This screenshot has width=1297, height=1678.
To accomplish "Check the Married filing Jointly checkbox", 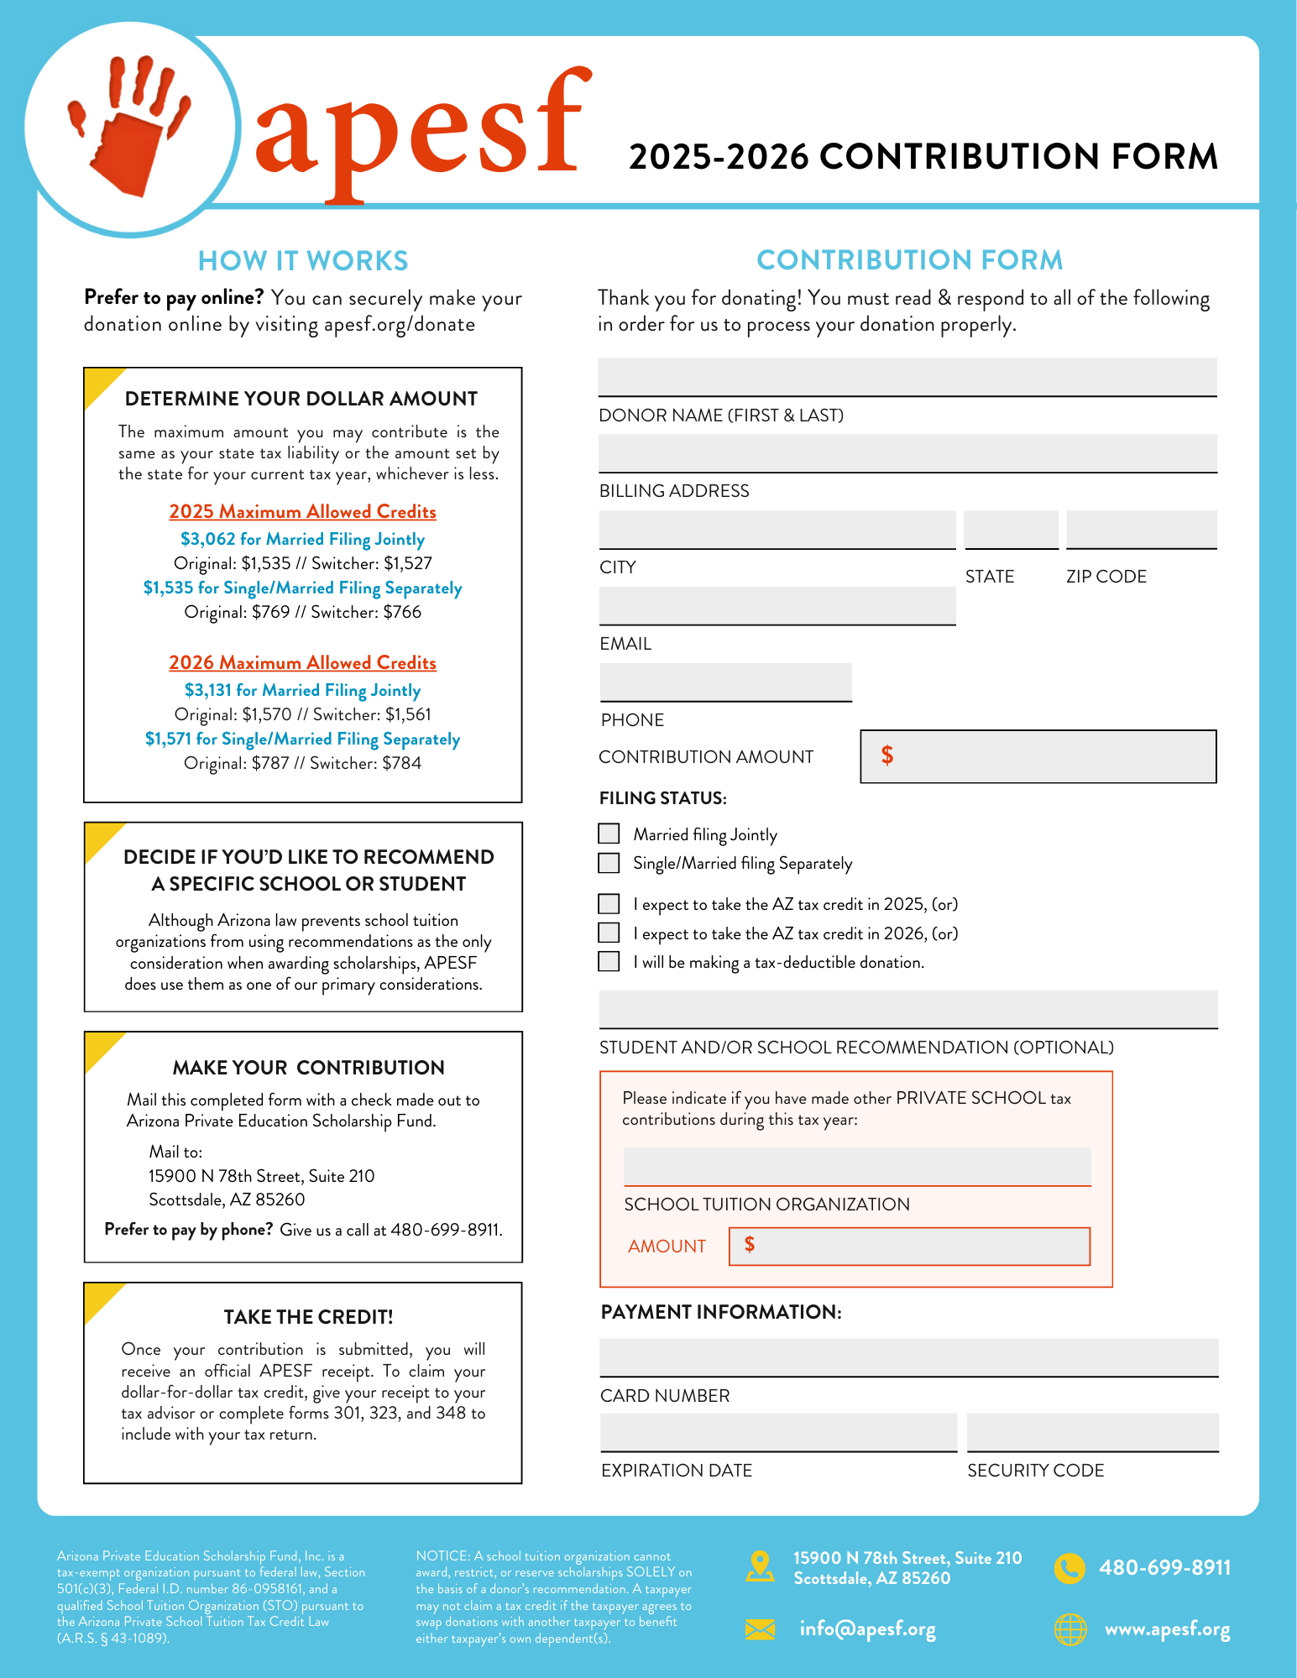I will [x=609, y=834].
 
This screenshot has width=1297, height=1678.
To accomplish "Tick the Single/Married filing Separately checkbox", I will [x=609, y=863].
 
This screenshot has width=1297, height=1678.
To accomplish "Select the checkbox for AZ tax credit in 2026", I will [x=609, y=933].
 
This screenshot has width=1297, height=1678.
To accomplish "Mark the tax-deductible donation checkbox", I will [x=609, y=961].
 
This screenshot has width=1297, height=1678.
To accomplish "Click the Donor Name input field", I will [x=907, y=377].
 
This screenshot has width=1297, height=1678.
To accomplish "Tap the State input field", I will [x=1011, y=530].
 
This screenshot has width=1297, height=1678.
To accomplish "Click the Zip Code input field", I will [x=1141, y=530].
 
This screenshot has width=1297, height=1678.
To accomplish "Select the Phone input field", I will [x=725, y=682].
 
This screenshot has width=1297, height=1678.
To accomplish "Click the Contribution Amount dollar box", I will [x=1038, y=756].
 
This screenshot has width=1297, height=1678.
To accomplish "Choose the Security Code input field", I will [x=1092, y=1432].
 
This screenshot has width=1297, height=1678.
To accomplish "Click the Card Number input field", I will [x=908, y=1357].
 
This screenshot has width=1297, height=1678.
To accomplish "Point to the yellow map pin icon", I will [x=760, y=1566].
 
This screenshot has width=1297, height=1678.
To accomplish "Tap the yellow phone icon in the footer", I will [x=1070, y=1568].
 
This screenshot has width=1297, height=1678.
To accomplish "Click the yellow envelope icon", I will [x=760, y=1629].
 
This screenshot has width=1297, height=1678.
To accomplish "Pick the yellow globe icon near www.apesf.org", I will [x=1070, y=1629].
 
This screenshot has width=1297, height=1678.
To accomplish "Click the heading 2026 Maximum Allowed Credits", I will [x=302, y=662].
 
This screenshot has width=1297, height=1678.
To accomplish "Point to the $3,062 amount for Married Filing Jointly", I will [x=208, y=539].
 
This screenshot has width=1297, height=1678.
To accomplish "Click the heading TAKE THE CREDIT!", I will [x=308, y=1317].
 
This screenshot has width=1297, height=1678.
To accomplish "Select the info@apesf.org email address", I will [x=867, y=1629].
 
